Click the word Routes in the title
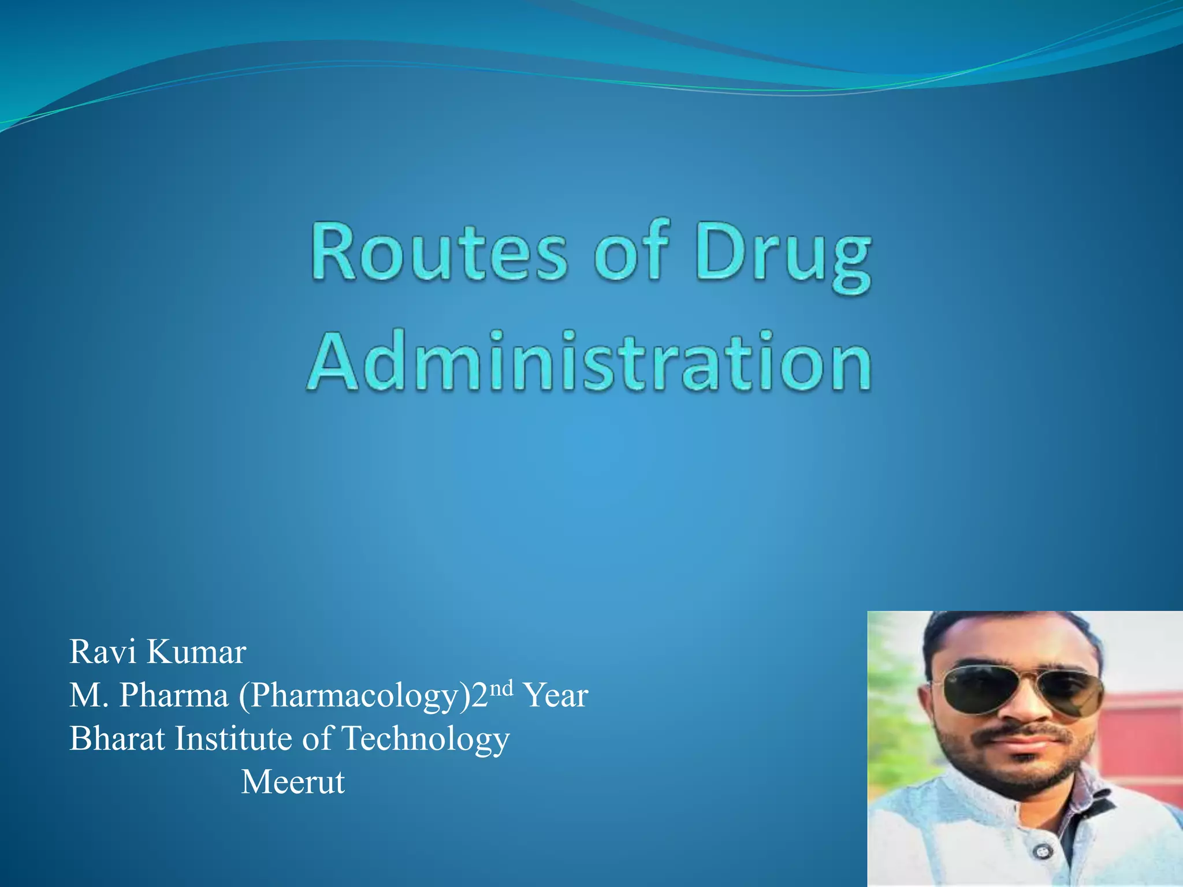439,253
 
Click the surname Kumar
196,652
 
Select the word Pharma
173,695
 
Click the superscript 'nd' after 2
501,688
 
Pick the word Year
555,695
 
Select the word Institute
233,739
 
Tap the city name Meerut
293,782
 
